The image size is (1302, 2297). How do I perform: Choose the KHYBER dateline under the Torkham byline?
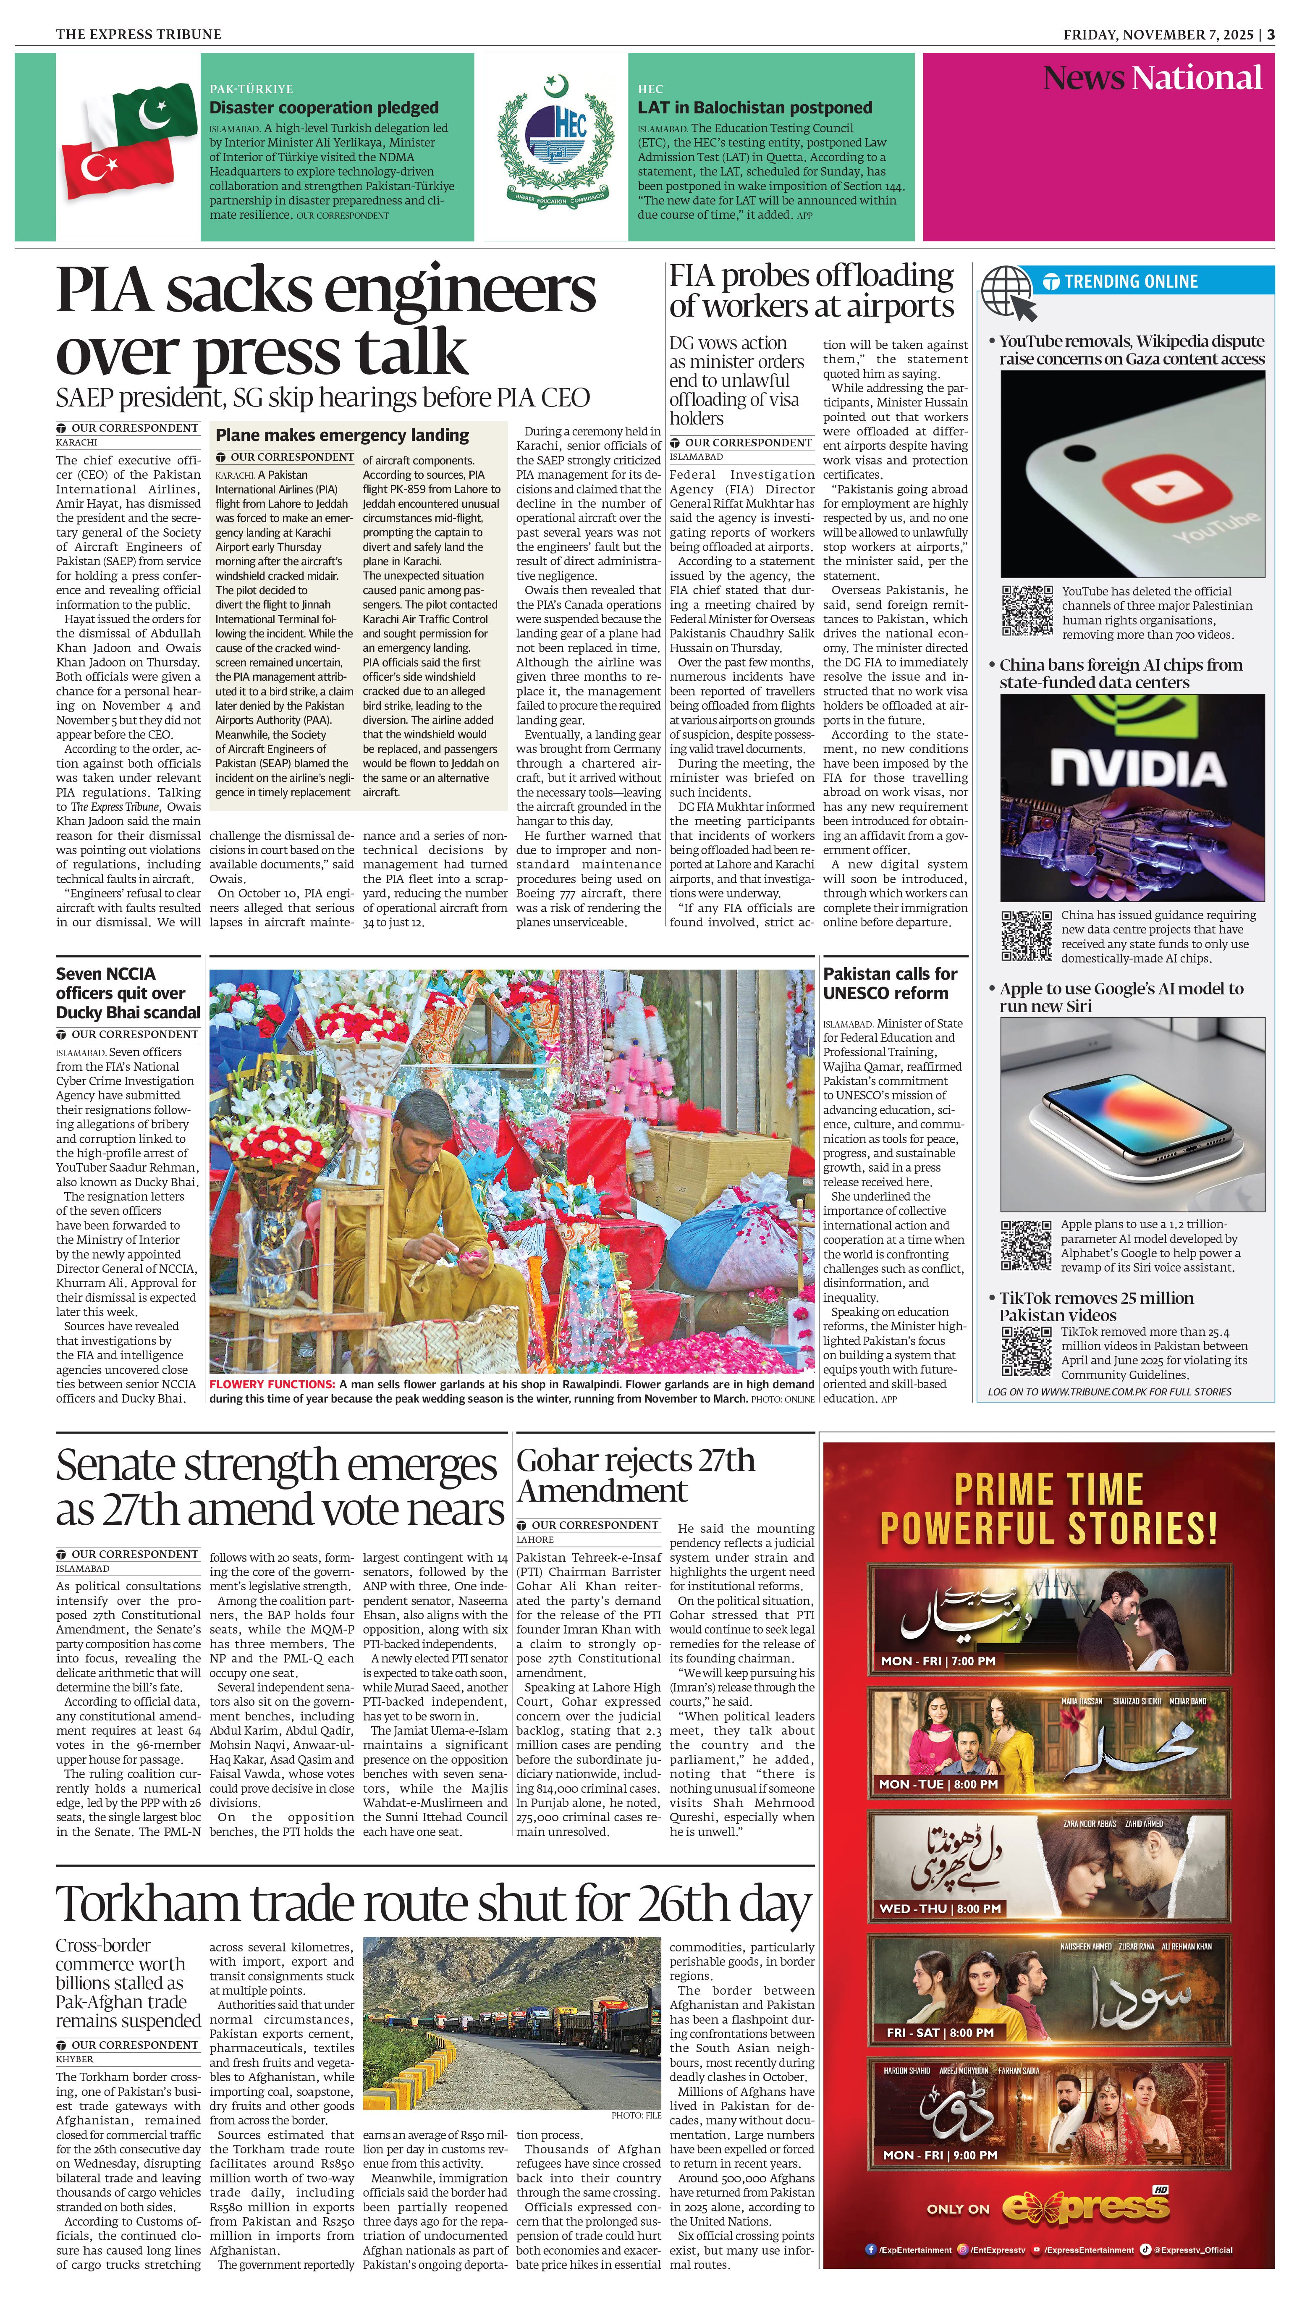pos(74,2059)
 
